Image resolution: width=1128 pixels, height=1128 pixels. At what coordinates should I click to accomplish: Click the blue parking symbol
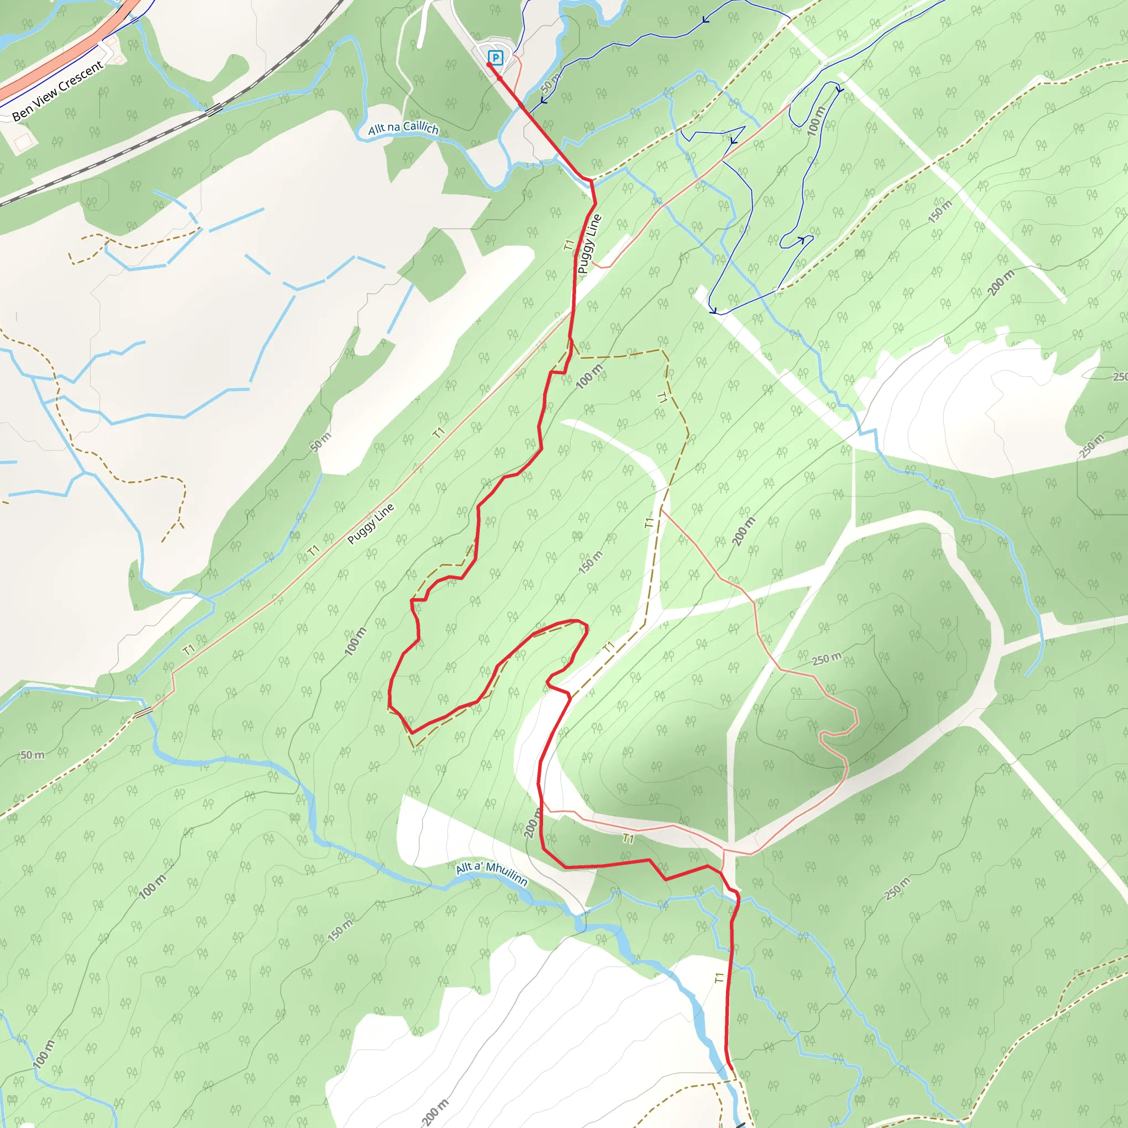(495, 57)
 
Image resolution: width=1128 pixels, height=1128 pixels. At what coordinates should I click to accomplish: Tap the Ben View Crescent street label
(58, 90)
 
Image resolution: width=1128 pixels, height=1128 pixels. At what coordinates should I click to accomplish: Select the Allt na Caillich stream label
(403, 128)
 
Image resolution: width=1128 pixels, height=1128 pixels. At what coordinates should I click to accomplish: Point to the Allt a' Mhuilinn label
(492, 873)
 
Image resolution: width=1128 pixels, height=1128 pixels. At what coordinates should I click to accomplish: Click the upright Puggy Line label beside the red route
(589, 243)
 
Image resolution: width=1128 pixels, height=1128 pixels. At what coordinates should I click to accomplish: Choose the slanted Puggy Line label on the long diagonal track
(371, 523)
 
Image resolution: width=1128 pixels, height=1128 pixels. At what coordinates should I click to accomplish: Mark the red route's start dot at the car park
(489, 64)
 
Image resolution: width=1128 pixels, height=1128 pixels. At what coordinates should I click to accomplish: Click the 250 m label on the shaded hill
(827, 659)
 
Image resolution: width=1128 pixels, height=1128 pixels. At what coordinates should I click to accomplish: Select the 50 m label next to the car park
(550, 83)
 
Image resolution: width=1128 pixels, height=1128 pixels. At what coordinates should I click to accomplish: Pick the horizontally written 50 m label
(32, 755)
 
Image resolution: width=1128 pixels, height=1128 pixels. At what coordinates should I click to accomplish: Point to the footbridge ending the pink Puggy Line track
(143, 711)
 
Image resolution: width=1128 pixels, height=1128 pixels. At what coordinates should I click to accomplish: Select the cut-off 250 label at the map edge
(1119, 377)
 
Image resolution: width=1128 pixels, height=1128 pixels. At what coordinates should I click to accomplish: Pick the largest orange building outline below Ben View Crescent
(22, 142)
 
